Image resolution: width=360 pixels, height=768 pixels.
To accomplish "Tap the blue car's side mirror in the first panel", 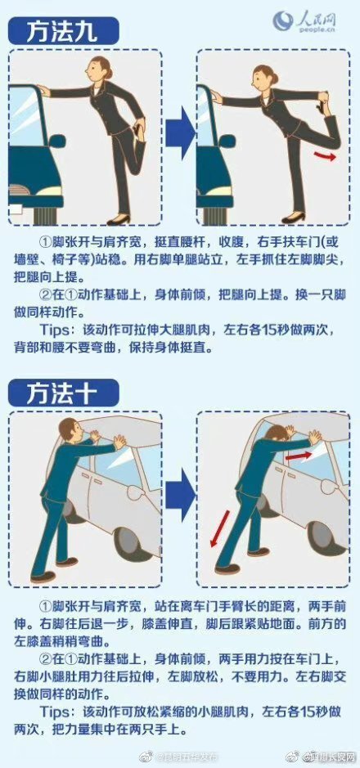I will (56, 141).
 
